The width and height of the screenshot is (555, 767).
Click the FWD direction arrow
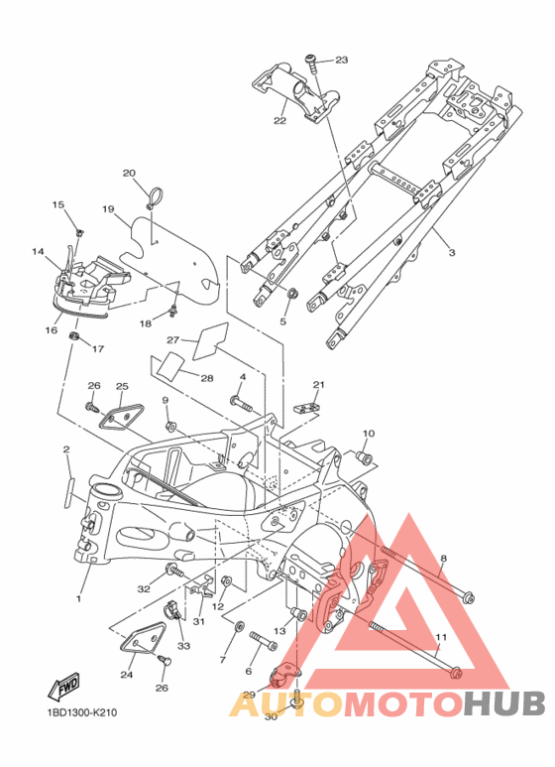pyautogui.click(x=63, y=687)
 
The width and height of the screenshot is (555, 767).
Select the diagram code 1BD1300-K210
pyautogui.click(x=81, y=712)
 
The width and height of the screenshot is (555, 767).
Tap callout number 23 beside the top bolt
pyautogui.click(x=342, y=60)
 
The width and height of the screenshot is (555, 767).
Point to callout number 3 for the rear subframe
pyautogui.click(x=452, y=252)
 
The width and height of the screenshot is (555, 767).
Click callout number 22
pyautogui.click(x=279, y=120)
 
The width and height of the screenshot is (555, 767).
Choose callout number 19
pyautogui.click(x=108, y=209)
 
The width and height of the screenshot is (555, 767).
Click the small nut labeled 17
pyautogui.click(x=74, y=336)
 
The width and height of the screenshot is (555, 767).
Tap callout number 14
pyautogui.click(x=38, y=251)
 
